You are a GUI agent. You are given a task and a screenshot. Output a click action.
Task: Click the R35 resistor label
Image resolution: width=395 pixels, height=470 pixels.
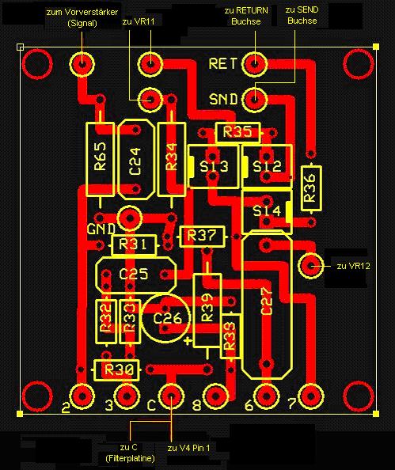click(237, 132)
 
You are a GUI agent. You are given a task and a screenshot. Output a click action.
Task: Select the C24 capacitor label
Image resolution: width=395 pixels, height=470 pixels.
click(135, 161)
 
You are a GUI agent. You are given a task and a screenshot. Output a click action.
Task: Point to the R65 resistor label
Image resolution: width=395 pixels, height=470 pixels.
click(101, 156)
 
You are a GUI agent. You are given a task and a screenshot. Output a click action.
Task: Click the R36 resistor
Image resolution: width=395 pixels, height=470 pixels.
click(311, 188)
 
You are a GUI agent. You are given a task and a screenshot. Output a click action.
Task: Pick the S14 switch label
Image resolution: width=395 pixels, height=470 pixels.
click(267, 210)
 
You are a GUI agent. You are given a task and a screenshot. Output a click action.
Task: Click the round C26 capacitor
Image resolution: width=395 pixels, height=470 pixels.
click(165, 318)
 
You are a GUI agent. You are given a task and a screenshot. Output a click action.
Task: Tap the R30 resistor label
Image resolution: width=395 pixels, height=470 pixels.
click(119, 370)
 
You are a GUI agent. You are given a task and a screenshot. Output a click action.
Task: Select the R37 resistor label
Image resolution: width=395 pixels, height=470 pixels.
click(202, 236)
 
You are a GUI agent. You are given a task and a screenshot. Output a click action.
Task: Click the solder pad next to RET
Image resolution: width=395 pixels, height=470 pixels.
click(255, 64)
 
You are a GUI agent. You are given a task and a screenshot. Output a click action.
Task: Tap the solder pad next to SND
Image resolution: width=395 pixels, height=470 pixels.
click(255, 99)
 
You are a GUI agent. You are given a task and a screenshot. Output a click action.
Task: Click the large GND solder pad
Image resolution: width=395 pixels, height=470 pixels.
click(129, 218)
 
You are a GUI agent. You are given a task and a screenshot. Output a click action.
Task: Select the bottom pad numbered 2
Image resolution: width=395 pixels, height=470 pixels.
click(82, 396)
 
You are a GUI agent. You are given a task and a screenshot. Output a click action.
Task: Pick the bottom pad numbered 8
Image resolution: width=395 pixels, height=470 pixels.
click(215, 396)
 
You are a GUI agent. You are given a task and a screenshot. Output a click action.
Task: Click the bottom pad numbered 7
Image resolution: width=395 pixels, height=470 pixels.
click(311, 396)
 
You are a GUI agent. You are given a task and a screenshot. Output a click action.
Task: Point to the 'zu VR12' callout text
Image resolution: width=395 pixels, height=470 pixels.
click(353, 266)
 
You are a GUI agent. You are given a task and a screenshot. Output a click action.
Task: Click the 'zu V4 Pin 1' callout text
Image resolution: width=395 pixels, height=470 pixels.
click(188, 448)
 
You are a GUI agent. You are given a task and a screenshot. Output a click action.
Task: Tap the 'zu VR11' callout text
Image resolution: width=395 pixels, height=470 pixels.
click(139, 21)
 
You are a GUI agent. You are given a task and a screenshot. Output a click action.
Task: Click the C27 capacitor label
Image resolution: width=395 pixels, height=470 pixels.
click(266, 301)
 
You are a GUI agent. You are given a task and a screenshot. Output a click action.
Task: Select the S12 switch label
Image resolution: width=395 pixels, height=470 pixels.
click(268, 166)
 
